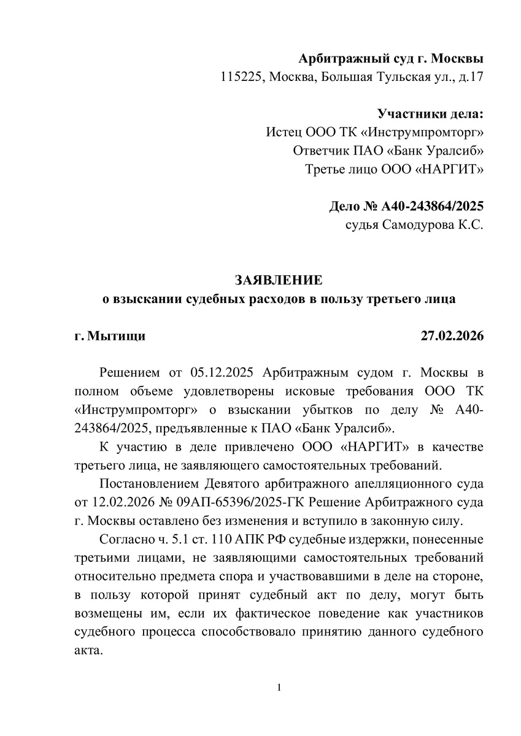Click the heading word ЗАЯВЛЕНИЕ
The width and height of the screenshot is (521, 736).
pos(278,280)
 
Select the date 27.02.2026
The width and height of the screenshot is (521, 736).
pos(452,335)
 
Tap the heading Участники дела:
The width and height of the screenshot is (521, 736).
pos(430,113)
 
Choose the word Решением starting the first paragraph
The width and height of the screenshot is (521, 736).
pos(128,373)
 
